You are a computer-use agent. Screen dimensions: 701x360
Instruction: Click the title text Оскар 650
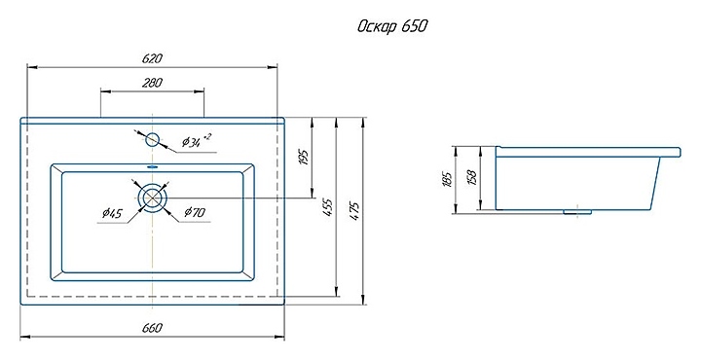point(392,26)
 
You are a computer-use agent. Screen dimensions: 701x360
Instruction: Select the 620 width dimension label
point(152,58)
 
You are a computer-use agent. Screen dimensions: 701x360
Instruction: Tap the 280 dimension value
point(152,83)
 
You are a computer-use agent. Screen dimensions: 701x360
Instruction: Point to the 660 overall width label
point(152,327)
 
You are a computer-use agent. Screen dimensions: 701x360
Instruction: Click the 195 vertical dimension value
point(304,158)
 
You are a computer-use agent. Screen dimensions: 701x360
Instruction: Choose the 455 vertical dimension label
point(328,207)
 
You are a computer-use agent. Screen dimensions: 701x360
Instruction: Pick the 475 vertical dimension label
point(354,212)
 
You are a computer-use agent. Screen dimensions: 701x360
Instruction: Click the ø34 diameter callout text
point(196,141)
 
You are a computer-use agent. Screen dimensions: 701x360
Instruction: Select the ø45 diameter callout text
point(112,213)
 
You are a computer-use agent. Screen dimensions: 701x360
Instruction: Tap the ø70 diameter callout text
point(195,212)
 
